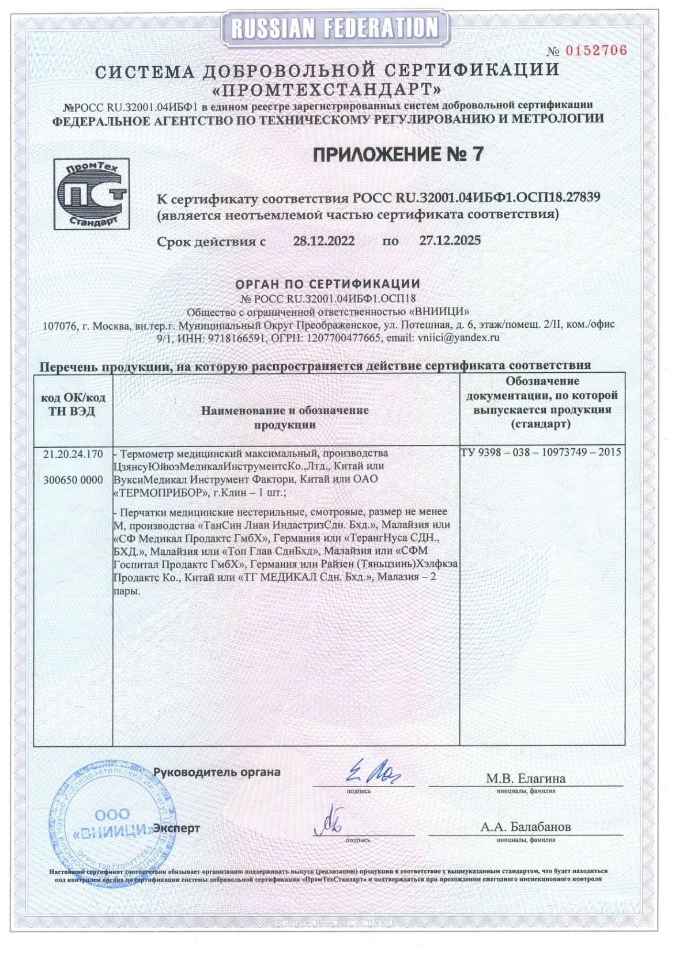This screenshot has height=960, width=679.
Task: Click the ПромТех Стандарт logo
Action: coord(91,195)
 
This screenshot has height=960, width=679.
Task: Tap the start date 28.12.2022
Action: coord(323,240)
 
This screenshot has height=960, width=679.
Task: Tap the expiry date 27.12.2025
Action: coord(450,240)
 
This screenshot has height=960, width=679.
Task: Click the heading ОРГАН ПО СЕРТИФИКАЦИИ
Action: coord(327,284)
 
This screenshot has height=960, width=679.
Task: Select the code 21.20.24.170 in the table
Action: coord(73,455)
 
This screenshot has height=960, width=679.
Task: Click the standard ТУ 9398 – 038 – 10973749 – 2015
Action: coord(541,452)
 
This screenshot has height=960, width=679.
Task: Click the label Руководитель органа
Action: coord(217,772)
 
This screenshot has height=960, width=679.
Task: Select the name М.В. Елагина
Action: coord(526,778)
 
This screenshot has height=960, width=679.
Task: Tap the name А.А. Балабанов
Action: coord(526,827)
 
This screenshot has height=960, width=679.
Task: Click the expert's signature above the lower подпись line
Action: coord(332,825)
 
